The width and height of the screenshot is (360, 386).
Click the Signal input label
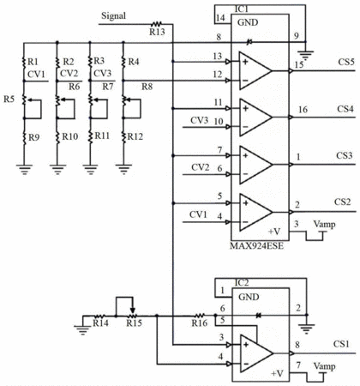pyautogui.click(x=113, y=16)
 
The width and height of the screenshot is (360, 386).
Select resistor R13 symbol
pyautogui.click(x=157, y=24)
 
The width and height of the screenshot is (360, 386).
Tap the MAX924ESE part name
pyautogui.click(x=257, y=246)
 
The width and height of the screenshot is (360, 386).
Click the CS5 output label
pyautogui.click(x=346, y=62)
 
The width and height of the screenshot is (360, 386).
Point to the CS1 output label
pyautogui.click(x=341, y=344)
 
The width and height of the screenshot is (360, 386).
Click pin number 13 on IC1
pyautogui.click(x=218, y=56)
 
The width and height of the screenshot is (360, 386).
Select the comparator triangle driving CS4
pyautogui.click(x=255, y=118)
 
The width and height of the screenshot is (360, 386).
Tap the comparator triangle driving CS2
pyautogui.click(x=255, y=212)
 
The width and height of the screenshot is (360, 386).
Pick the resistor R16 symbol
pyautogui.click(x=200, y=316)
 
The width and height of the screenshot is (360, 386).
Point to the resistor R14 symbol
pyautogui.click(x=99, y=316)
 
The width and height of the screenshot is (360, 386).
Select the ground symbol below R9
pyautogui.click(x=24, y=169)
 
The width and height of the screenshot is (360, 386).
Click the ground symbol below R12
pyautogui.click(x=123, y=169)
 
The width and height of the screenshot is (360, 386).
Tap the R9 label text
pyautogui.click(x=34, y=138)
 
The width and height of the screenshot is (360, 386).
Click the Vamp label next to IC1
pyautogui.click(x=324, y=224)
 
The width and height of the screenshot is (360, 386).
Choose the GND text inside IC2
pyautogui.click(x=249, y=297)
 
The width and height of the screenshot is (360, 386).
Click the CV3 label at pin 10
pyautogui.click(x=200, y=120)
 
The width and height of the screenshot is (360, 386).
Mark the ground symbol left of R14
pyautogui.click(x=83, y=329)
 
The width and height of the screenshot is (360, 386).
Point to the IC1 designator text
pyautogui.click(x=242, y=9)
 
